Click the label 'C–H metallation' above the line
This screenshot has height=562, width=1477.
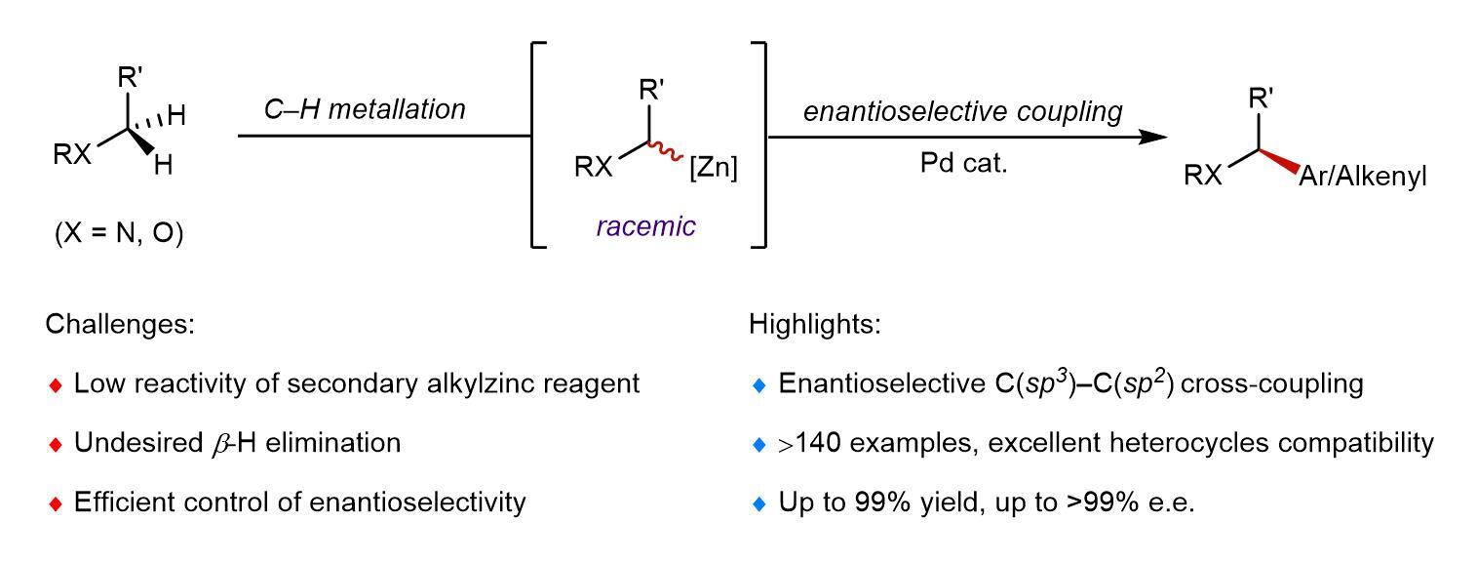point(365,109)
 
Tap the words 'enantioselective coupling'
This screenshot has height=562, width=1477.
point(962,111)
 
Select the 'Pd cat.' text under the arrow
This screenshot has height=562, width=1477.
point(964,163)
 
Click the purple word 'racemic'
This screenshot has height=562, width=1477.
point(645,226)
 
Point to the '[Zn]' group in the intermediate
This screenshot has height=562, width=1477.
point(714,168)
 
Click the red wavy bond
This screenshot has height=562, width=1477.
point(665,151)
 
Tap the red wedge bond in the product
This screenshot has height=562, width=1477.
point(1279,162)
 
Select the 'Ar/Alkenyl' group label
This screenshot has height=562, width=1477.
point(1362,177)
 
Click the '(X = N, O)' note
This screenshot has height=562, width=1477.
point(119,233)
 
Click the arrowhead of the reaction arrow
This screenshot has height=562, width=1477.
point(1153,138)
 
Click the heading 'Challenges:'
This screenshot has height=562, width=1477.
point(120,325)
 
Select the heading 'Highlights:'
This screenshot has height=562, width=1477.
point(815,324)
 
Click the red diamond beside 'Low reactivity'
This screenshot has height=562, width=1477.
point(56,385)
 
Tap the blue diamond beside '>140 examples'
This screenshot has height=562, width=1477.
point(759,445)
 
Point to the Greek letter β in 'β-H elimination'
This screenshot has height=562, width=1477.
point(219,445)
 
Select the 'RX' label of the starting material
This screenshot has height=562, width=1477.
point(72,154)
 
